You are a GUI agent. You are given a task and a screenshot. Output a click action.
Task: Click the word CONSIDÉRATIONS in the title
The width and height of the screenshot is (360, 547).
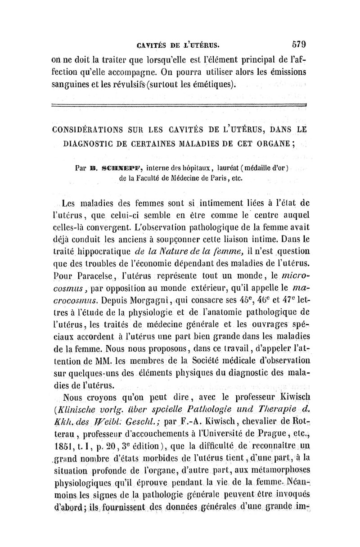tap(93, 132)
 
